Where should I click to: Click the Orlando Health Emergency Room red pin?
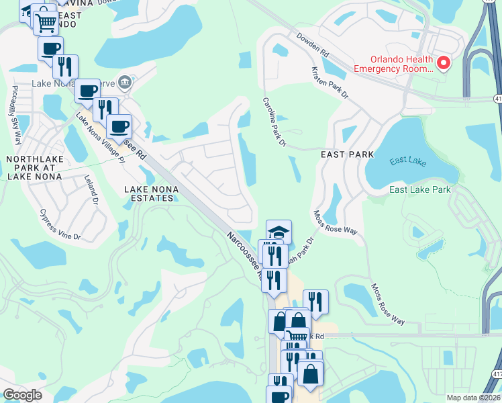(443, 63)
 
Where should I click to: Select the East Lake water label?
(407, 161)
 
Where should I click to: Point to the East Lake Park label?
(421, 190)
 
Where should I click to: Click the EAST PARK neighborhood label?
(348, 154)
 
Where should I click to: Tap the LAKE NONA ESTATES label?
(152, 194)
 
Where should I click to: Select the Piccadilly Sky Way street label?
(14, 116)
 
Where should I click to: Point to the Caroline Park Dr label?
(274, 122)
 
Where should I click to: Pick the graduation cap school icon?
(279, 232)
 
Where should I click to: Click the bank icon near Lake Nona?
(124, 83)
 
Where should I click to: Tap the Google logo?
(22, 394)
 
